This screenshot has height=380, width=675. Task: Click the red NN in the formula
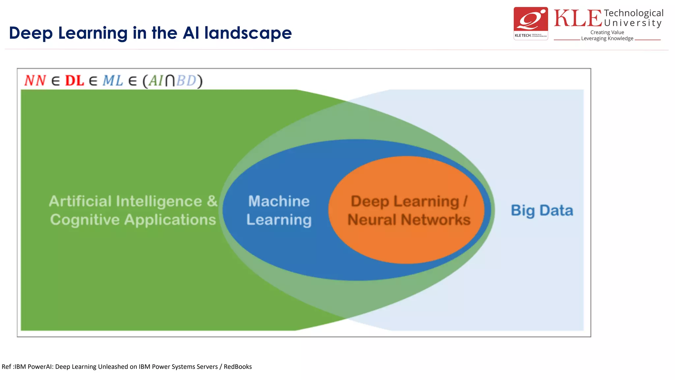(x=35, y=80)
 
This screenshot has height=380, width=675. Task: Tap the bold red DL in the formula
(x=74, y=80)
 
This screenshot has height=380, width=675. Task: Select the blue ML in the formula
(x=113, y=80)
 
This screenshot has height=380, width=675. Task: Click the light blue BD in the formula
(x=187, y=80)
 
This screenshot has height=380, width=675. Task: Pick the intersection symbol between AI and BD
(x=170, y=81)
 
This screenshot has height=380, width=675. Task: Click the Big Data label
(x=542, y=210)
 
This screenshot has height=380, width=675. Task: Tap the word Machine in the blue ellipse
(x=279, y=201)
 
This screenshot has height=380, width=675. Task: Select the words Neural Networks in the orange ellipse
(x=409, y=220)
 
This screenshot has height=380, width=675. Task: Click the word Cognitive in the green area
(x=85, y=220)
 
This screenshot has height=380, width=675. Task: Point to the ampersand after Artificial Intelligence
(x=212, y=201)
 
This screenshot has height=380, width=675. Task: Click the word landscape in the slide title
(x=248, y=33)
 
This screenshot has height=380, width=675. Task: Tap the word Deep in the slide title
(x=31, y=33)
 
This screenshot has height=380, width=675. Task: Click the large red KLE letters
(x=578, y=18)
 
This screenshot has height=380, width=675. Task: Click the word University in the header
(x=633, y=23)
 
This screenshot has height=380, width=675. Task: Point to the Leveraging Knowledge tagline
(x=607, y=38)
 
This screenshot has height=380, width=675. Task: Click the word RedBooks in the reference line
(x=238, y=366)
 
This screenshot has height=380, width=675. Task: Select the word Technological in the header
(x=633, y=13)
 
